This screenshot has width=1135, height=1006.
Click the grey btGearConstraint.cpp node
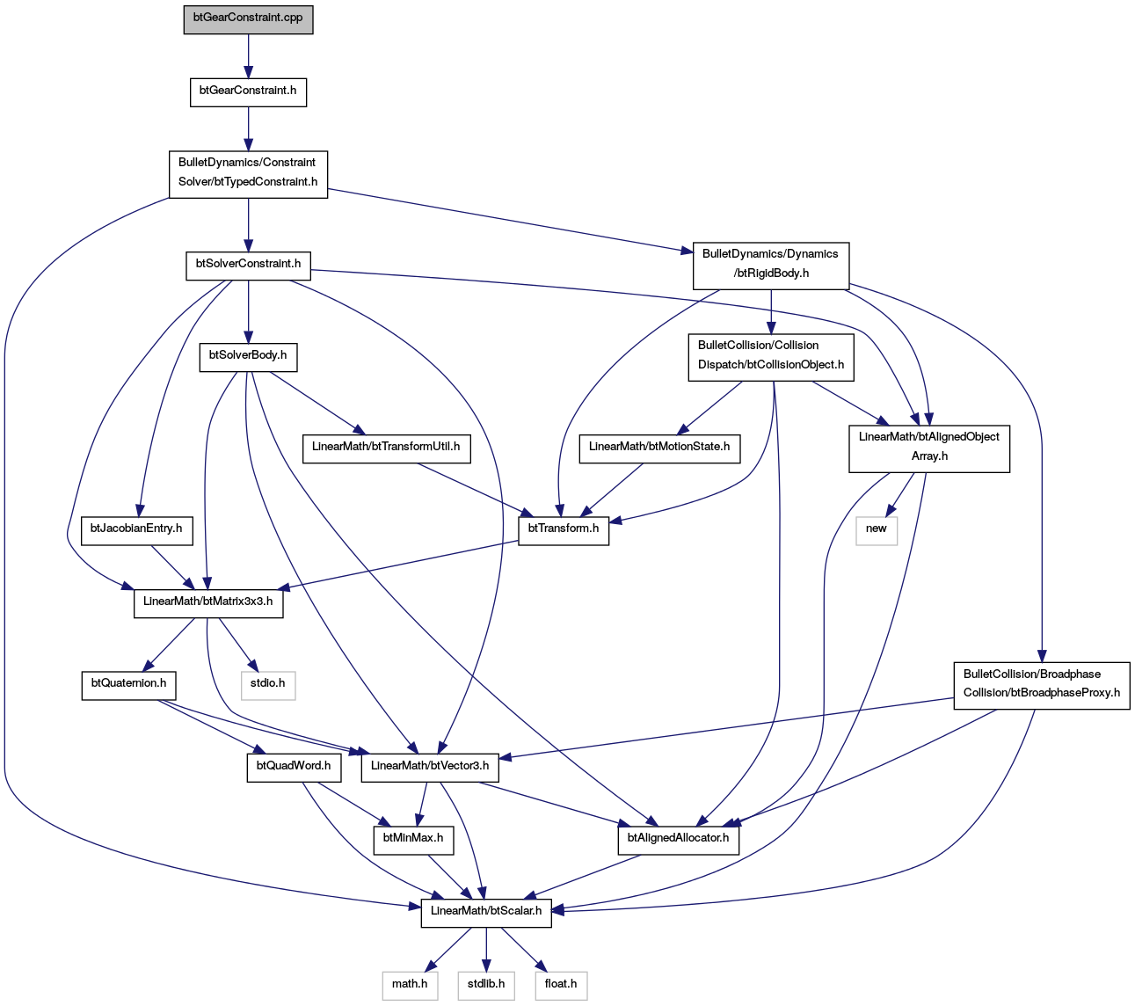(x=248, y=19)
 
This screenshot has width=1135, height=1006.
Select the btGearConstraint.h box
(x=248, y=92)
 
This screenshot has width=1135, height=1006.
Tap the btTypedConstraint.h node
(x=248, y=174)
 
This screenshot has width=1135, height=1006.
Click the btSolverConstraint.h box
(x=248, y=266)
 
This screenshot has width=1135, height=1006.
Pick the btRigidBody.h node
(x=771, y=266)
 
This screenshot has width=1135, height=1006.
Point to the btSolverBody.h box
(x=248, y=357)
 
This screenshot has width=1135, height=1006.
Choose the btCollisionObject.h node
(x=771, y=358)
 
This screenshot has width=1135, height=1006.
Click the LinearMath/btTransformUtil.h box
(x=387, y=448)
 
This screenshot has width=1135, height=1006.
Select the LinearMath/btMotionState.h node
(x=659, y=448)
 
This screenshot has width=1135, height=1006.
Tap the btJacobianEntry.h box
(x=136, y=531)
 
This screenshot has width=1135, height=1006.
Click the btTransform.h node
(x=563, y=531)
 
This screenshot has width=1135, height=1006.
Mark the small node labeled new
(x=877, y=531)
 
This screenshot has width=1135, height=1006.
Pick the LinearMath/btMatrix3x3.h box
(x=208, y=603)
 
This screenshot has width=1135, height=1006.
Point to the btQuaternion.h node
(x=129, y=685)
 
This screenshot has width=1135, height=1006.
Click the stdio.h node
(x=268, y=685)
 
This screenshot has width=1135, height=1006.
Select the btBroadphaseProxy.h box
(x=1042, y=685)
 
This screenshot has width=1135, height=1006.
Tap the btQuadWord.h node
(x=295, y=768)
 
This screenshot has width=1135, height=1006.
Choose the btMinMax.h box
(x=413, y=840)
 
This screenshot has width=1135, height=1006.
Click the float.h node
(x=561, y=986)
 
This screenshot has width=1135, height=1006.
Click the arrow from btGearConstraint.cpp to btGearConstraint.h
(x=248, y=56)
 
